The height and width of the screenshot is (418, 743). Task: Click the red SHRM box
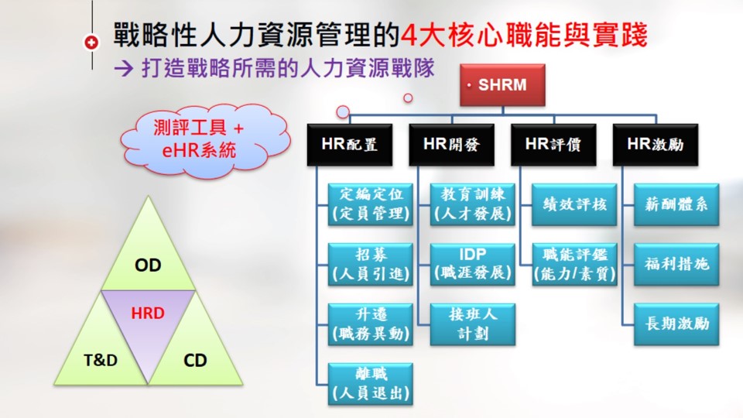[502, 85]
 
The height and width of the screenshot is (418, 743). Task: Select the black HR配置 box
[350, 145]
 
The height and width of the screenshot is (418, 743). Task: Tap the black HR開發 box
[451, 145]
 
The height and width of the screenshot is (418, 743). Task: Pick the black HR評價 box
[553, 145]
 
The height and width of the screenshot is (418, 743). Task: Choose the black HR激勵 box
[656, 145]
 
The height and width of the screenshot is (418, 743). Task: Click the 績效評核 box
[574, 204]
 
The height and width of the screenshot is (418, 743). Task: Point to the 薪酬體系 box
[676, 204]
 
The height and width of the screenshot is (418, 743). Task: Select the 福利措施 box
[676, 264]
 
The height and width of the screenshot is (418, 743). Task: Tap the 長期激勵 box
[676, 324]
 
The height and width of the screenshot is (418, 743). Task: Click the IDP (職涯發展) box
[472, 264]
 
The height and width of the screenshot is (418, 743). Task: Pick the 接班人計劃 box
[472, 324]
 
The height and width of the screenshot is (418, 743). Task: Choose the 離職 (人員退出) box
[371, 383]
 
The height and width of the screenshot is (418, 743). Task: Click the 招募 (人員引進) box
[371, 264]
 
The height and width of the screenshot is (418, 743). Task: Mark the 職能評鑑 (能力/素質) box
[574, 264]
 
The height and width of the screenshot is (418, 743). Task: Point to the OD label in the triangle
[148, 265]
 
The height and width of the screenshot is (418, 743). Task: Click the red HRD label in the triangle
[148, 313]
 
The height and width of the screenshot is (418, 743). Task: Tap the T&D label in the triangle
[101, 360]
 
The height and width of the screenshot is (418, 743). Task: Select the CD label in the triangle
[195, 360]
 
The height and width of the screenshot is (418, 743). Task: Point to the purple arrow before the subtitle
[124, 69]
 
